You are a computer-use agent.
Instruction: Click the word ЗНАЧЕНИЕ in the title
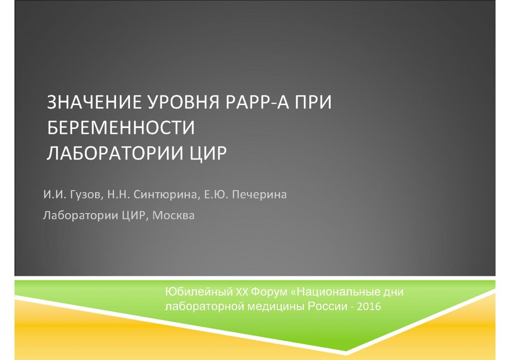(94, 102)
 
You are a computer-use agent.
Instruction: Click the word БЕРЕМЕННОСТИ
(121, 127)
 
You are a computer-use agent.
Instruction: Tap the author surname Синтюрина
(165, 195)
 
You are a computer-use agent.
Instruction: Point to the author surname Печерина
(259, 195)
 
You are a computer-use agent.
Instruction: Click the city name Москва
(173, 215)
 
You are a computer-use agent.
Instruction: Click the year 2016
(369, 306)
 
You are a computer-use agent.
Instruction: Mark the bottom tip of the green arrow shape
(346, 351)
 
